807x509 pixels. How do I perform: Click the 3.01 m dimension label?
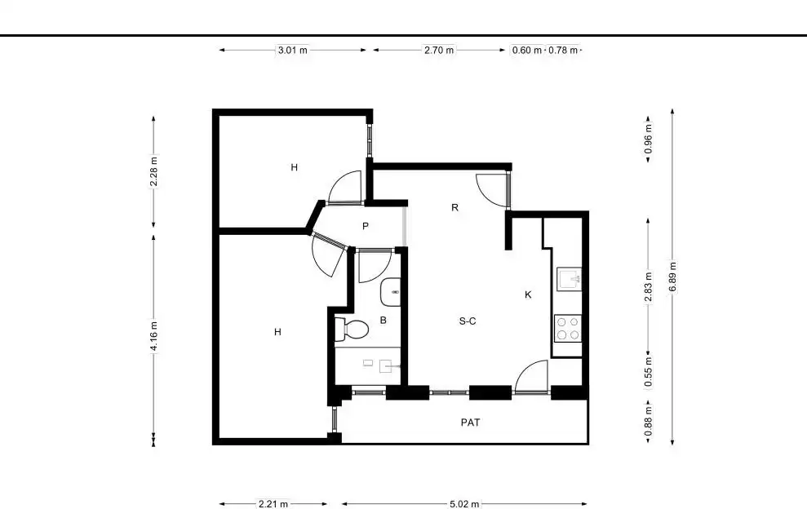(x=292, y=50)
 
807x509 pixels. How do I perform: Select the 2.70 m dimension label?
(x=439, y=50)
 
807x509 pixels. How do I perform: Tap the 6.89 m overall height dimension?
(x=672, y=277)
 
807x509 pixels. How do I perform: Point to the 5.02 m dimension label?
(x=464, y=504)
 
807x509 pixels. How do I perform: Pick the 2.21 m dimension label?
(x=273, y=504)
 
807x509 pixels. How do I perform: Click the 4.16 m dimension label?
(x=153, y=337)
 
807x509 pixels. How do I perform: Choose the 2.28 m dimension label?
(x=153, y=171)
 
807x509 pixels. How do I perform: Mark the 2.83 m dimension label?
(x=648, y=287)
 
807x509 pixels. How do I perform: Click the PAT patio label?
(x=470, y=423)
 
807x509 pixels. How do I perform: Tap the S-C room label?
(x=468, y=321)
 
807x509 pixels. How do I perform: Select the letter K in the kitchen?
(x=528, y=295)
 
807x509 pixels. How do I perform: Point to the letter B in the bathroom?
(x=383, y=320)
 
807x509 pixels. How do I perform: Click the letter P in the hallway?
(x=366, y=226)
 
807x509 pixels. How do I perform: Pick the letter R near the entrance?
(x=455, y=207)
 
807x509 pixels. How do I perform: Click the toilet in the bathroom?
(x=351, y=329)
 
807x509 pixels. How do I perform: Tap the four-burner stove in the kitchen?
(x=568, y=329)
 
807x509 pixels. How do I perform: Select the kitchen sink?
(x=570, y=280)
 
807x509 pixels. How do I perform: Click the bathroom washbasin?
(x=391, y=292)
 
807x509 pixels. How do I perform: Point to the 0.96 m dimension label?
(x=648, y=139)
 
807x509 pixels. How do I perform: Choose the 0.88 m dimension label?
(x=648, y=421)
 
